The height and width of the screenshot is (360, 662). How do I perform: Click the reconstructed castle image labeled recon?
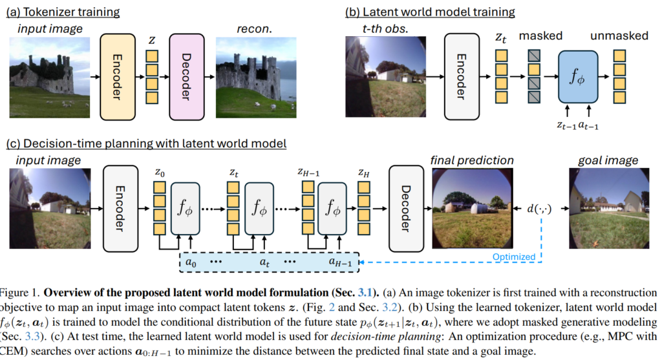tap(248, 76)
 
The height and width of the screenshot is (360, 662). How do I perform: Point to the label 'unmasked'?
tap(619, 36)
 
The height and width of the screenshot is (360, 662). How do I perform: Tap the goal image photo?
tap(610, 208)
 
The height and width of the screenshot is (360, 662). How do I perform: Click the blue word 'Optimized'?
tap(515, 257)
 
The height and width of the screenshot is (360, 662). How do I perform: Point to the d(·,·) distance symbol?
tap(539, 209)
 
